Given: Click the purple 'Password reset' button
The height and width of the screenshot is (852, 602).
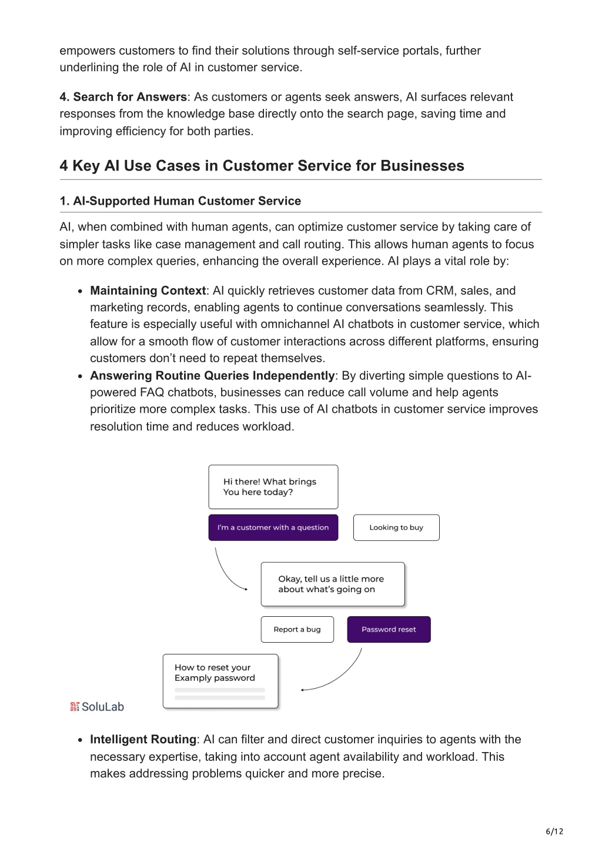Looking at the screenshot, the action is pyautogui.click(x=389, y=629).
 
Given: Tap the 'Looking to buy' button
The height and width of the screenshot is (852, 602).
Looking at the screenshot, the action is pyautogui.click(x=396, y=527).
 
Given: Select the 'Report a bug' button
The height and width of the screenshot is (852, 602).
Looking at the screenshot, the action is pyautogui.click(x=297, y=629).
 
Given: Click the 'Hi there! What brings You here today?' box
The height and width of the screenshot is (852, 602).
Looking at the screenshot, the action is pyautogui.click(x=273, y=486).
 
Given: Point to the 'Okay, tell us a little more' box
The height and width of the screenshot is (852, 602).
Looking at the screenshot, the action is pyautogui.click(x=333, y=584).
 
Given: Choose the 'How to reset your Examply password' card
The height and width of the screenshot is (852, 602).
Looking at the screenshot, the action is pyautogui.click(x=220, y=681).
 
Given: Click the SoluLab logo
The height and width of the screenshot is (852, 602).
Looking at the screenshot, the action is pyautogui.click(x=97, y=706).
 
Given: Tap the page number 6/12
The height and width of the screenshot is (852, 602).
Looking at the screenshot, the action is pyautogui.click(x=554, y=831).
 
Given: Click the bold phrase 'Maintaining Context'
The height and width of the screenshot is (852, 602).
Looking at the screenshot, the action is pyautogui.click(x=148, y=290).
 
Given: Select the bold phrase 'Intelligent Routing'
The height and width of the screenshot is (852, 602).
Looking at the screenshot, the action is pyautogui.click(x=143, y=739).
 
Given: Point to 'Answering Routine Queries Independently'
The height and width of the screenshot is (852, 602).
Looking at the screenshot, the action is pyautogui.click(x=212, y=375).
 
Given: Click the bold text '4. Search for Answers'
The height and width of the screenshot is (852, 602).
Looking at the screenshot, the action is pyautogui.click(x=123, y=96).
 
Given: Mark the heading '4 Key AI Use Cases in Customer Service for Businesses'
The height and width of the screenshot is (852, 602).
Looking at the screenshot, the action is pyautogui.click(x=262, y=165).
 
